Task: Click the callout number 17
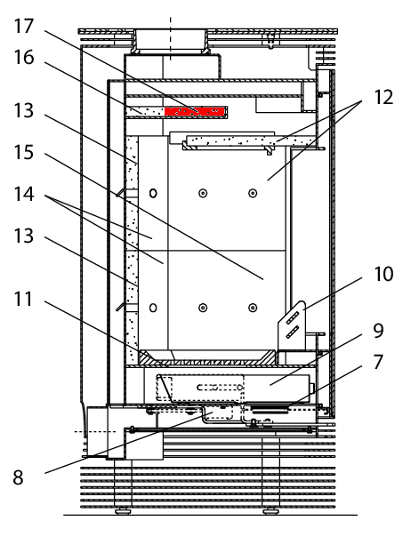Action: pos(24,27)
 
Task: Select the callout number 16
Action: pos(24,57)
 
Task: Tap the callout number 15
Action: pos(24,152)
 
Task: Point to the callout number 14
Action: pos(24,194)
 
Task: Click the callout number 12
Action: pos(383,97)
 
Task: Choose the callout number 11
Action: pos(23,299)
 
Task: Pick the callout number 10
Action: pos(383,274)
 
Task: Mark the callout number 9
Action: pos(378,331)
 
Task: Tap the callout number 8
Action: pos(18,477)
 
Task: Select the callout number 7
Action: pos(378,362)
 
